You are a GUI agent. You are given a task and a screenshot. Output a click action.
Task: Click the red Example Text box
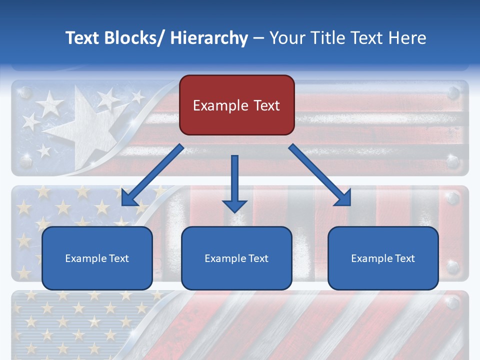pyautogui.click(x=236, y=105)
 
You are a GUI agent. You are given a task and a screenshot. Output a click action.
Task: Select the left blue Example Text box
pyautogui.click(x=97, y=258)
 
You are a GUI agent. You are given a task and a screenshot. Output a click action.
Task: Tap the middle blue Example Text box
pyautogui.click(x=236, y=258)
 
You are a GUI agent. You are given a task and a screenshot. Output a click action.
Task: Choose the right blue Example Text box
pyautogui.click(x=383, y=258)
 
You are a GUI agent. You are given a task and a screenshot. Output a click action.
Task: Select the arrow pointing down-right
pyautogui.click(x=320, y=175)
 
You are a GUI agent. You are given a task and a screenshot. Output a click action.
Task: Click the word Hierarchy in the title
pyautogui.click(x=209, y=38)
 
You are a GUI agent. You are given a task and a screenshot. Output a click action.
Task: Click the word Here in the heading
pyautogui.click(x=408, y=38)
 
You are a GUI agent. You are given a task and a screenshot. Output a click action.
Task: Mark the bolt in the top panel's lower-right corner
pyautogui.click(x=453, y=161)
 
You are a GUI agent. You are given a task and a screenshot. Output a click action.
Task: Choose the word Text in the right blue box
pyautogui.click(x=404, y=258)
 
